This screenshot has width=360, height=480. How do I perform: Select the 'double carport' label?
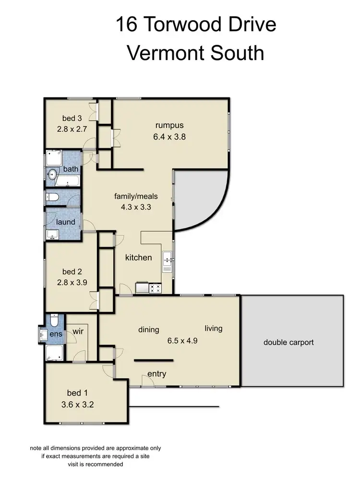coord(288,342)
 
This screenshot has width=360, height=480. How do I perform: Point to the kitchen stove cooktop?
coord(156,288)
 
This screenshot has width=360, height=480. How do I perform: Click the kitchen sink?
coord(168,260)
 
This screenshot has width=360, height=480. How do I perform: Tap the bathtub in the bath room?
coord(67,181)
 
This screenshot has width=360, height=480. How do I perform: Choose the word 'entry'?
coord(157,374)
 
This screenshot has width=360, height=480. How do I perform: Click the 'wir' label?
coord(78,331)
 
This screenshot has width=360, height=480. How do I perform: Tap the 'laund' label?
coord(66,222)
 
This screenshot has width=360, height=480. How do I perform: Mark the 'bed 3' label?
coord(72,119)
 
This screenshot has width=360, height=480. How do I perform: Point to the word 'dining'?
coord(148,330)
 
